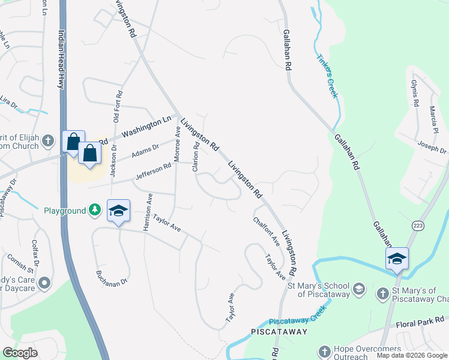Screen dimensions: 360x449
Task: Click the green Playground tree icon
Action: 95,210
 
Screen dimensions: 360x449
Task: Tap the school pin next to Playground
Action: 119,211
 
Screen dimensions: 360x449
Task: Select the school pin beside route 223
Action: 397,259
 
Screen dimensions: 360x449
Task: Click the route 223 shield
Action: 418,224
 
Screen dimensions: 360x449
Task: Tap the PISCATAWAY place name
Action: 279,331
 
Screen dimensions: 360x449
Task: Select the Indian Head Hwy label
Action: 61,59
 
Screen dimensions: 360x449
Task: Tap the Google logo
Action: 20,353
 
